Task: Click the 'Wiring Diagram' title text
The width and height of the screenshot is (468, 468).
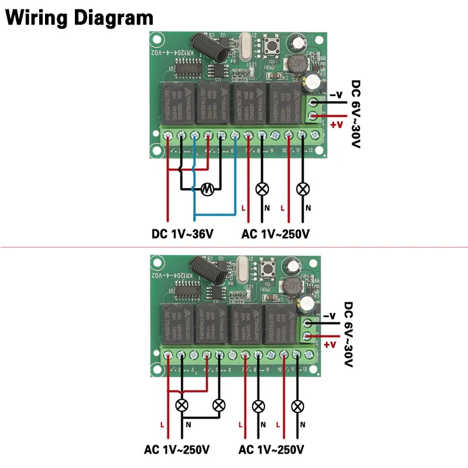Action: (80, 18)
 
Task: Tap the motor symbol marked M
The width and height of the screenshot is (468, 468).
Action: (206, 188)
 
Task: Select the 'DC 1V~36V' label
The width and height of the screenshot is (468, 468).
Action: (183, 235)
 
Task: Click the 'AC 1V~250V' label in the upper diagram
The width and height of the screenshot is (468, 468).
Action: (275, 235)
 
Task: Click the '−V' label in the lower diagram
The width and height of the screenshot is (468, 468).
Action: (331, 316)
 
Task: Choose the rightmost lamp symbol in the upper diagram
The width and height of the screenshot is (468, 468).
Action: (302, 189)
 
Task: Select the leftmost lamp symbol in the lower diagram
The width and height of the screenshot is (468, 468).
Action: (182, 405)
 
